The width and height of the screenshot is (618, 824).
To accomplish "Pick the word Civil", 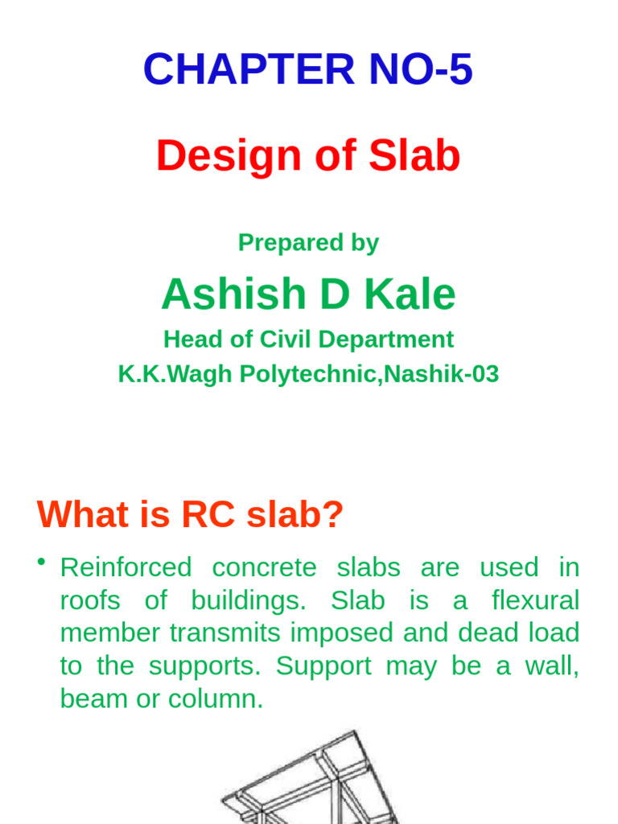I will coord(286,340).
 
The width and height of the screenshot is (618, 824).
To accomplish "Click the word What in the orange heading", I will coord(78,515).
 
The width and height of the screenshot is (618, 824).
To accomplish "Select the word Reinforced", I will coord(126,567).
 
